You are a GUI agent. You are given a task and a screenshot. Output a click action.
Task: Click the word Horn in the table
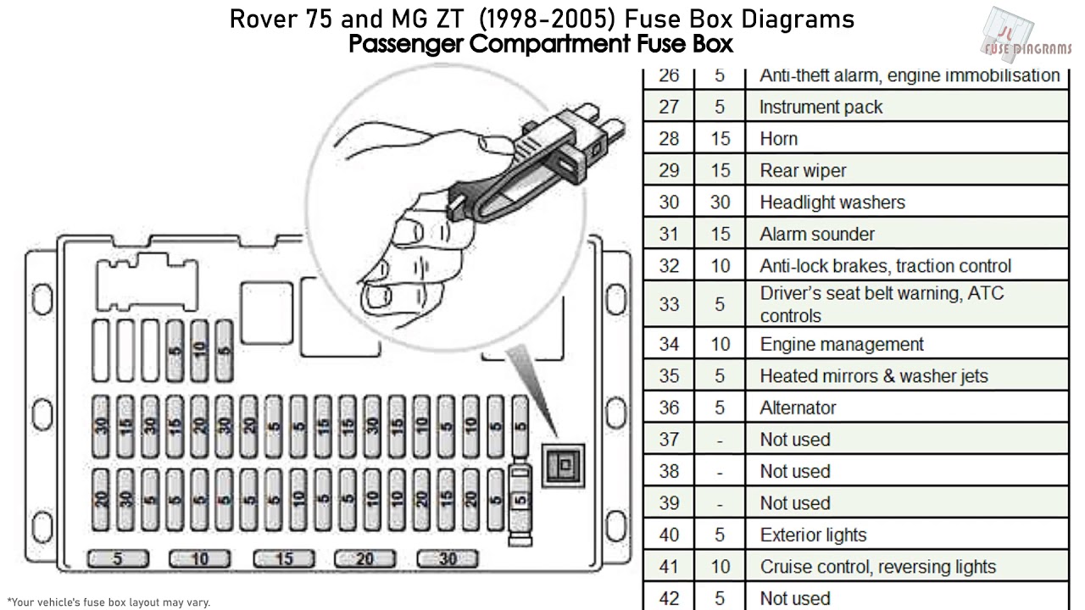[x=778, y=139]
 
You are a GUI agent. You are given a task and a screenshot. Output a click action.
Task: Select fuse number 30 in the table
[x=669, y=202]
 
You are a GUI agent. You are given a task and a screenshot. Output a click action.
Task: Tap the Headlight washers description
[x=832, y=202]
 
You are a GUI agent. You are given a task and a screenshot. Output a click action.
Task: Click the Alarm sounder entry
[x=817, y=234]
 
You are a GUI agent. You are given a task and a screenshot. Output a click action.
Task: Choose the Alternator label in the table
[x=798, y=408]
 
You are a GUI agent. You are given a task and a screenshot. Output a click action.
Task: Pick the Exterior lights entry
[x=813, y=535]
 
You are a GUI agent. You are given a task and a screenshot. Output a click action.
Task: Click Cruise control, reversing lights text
[x=877, y=567]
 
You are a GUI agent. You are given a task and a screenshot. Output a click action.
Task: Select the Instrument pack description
[x=821, y=108]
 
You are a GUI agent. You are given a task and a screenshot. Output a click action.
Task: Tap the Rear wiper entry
[x=803, y=170]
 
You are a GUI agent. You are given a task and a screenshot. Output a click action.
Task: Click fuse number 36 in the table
[x=669, y=408]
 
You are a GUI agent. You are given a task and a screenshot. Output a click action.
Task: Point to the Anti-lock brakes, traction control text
[x=885, y=266]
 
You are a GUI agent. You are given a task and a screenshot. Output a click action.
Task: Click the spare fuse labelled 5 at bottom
[x=118, y=558]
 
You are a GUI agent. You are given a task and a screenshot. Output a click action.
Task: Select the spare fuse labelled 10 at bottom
[x=200, y=558]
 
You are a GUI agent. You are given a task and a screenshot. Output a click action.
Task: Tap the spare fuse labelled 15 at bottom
[x=283, y=558]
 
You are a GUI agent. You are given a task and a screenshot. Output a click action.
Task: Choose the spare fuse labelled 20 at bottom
[x=365, y=558]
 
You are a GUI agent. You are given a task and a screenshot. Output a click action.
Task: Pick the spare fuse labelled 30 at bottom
[x=448, y=558]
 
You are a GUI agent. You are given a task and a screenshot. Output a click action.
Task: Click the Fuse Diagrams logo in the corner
[x=1026, y=36]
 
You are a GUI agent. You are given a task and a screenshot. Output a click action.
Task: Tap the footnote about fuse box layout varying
[x=108, y=602]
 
